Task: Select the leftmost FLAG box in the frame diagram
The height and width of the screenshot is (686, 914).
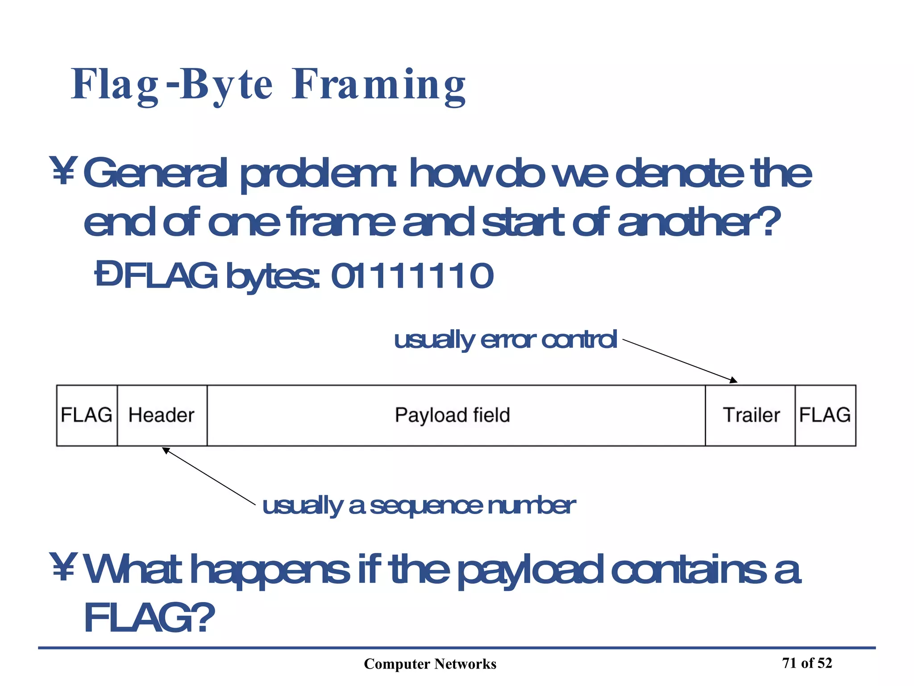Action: pos(87,415)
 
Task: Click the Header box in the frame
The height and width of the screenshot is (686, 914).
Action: pos(162,415)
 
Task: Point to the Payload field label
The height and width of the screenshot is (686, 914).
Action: pos(452,415)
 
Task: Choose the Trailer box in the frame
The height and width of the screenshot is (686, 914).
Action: pos(751,415)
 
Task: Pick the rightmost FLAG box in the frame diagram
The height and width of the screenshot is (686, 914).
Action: pos(825,415)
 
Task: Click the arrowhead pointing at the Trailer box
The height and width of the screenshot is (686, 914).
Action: pos(733,380)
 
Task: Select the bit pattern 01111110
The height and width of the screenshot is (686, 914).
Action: pos(412,276)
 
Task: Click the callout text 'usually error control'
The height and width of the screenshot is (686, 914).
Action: pos(505,340)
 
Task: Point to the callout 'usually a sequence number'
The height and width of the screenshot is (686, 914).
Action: pos(419,506)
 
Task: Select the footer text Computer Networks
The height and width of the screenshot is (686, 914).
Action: pos(430,664)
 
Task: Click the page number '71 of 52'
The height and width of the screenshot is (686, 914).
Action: pos(807,663)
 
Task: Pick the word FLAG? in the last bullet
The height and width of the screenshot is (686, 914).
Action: pos(149,617)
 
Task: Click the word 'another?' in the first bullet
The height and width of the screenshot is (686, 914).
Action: pos(699,222)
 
